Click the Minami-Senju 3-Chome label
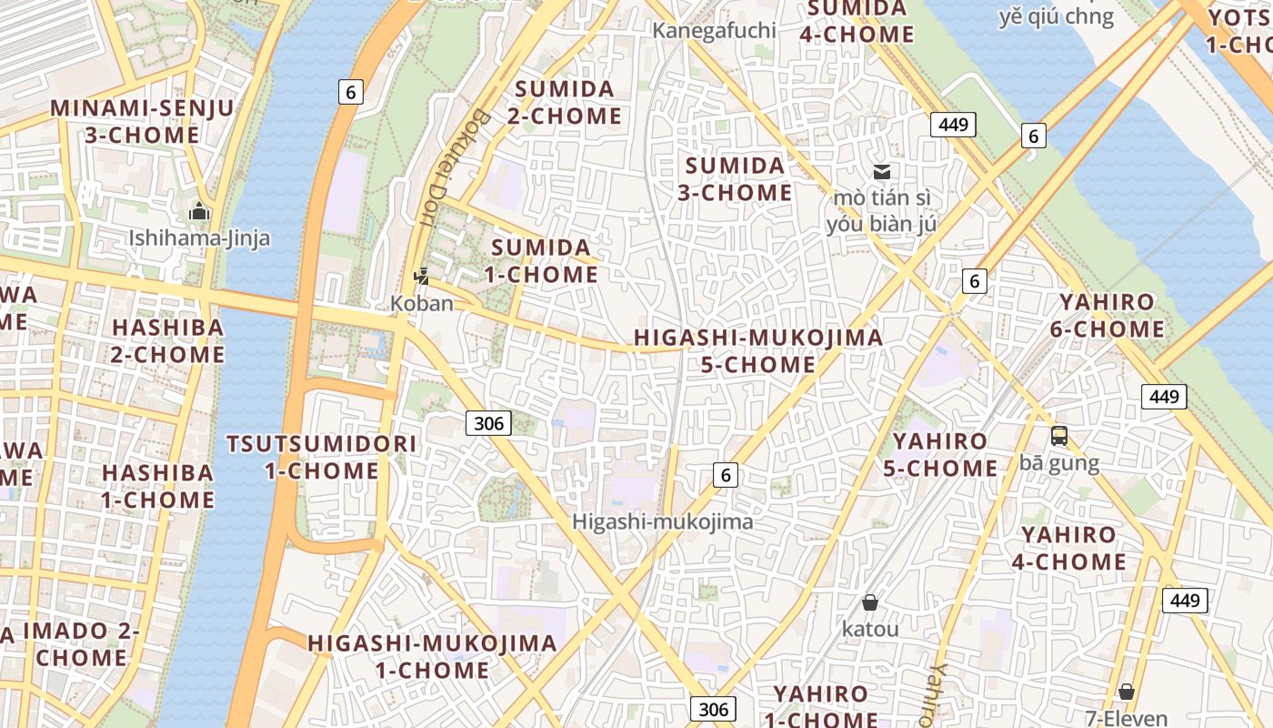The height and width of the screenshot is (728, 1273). click(x=142, y=121)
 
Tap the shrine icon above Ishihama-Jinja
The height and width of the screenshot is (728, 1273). click(x=199, y=212)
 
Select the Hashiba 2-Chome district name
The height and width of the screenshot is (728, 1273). click(x=167, y=340)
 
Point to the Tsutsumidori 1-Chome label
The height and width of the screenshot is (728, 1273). click(x=322, y=457)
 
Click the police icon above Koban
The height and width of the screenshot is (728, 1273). click(x=421, y=276)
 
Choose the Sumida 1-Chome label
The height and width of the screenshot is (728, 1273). click(x=541, y=260)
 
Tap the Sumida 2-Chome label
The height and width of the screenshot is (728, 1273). click(x=565, y=102)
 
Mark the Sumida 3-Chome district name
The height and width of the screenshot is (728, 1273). click(x=735, y=178)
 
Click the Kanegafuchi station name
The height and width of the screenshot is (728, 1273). click(x=714, y=30)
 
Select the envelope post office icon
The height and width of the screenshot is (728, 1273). click(x=881, y=171)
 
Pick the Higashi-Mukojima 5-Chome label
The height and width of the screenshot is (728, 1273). click(x=757, y=350)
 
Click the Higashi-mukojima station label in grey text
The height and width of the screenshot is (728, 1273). click(x=663, y=521)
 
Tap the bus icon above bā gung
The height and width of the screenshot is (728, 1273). click(x=1059, y=436)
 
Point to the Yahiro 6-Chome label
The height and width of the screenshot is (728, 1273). click(x=1107, y=315)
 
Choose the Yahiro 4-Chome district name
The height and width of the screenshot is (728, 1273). click(x=1068, y=548)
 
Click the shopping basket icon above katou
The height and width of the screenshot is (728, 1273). click(x=870, y=602)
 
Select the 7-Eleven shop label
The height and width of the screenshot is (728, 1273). click(x=1127, y=718)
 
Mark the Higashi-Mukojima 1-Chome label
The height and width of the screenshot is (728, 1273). click(x=432, y=656)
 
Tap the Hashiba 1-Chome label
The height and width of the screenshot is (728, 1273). click(x=157, y=486)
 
